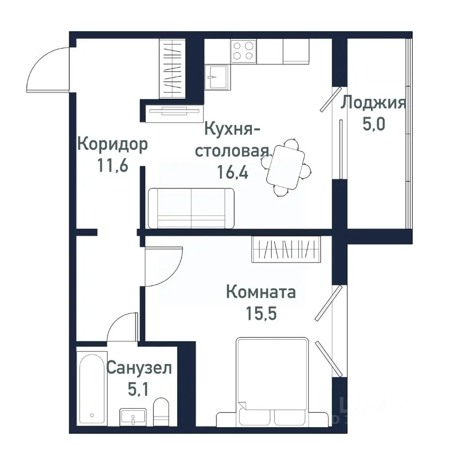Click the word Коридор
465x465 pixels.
click(112, 144)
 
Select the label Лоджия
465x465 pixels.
click(372, 103)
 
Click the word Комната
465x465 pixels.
click(261, 293)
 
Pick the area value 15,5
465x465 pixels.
click(261, 313)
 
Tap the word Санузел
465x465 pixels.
click(139, 369)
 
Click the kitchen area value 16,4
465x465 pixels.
click(232, 172)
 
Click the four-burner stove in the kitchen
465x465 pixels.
click(244, 51)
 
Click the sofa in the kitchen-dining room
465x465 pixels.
click(191, 208)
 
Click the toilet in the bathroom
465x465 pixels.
click(160, 412)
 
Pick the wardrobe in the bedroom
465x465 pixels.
click(286, 249)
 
